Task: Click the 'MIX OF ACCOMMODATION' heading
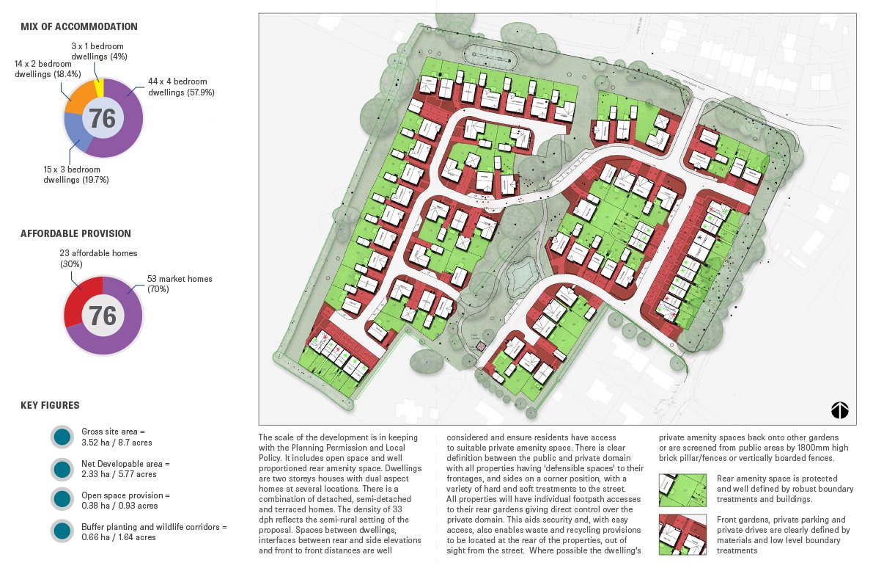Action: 78,26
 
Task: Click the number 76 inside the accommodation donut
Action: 103,118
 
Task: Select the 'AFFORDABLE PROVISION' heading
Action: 75,233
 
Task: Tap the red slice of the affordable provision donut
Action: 77,302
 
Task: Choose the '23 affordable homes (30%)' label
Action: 98,258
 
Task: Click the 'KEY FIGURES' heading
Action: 50,405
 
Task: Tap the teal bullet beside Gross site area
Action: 62,437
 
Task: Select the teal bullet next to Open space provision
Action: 62,500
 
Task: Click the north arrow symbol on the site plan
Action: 839,410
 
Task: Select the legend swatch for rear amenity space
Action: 682,490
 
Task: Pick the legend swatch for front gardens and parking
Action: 682,534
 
